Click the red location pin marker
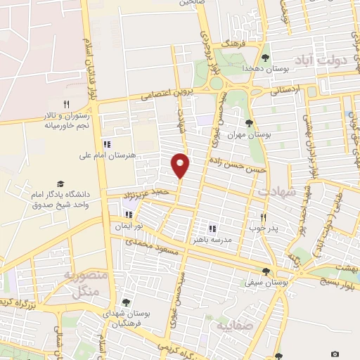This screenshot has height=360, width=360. pyautogui.click(x=181, y=165)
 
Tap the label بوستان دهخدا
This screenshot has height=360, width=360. pyautogui.click(x=243, y=68)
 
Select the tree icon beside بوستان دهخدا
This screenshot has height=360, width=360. pyautogui.click(x=266, y=58)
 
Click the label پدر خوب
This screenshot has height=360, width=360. pyautogui.click(x=264, y=229)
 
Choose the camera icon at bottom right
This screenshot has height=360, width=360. pyautogui.click(x=335, y=354)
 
